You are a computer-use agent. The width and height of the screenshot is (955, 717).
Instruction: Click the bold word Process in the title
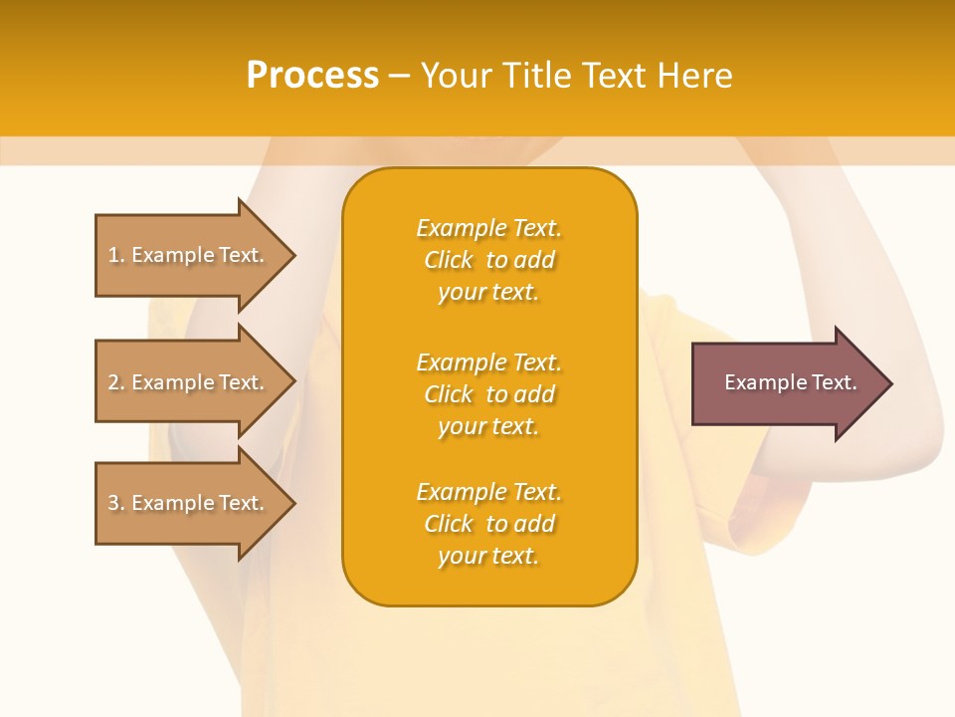(x=312, y=76)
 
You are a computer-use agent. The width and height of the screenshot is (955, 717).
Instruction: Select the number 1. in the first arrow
(x=116, y=256)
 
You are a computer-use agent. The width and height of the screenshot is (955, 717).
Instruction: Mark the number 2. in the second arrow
(x=116, y=383)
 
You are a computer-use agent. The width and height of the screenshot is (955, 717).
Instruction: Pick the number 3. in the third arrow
(x=116, y=504)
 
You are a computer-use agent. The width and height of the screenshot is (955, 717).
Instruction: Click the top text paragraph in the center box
(x=488, y=260)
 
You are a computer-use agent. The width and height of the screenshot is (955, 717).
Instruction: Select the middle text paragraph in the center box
(x=488, y=394)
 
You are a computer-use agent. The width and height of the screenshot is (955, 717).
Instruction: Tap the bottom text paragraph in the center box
(x=488, y=524)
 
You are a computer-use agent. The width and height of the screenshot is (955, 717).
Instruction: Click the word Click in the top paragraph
(x=449, y=260)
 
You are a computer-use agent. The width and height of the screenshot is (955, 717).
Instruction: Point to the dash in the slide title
(x=399, y=76)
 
